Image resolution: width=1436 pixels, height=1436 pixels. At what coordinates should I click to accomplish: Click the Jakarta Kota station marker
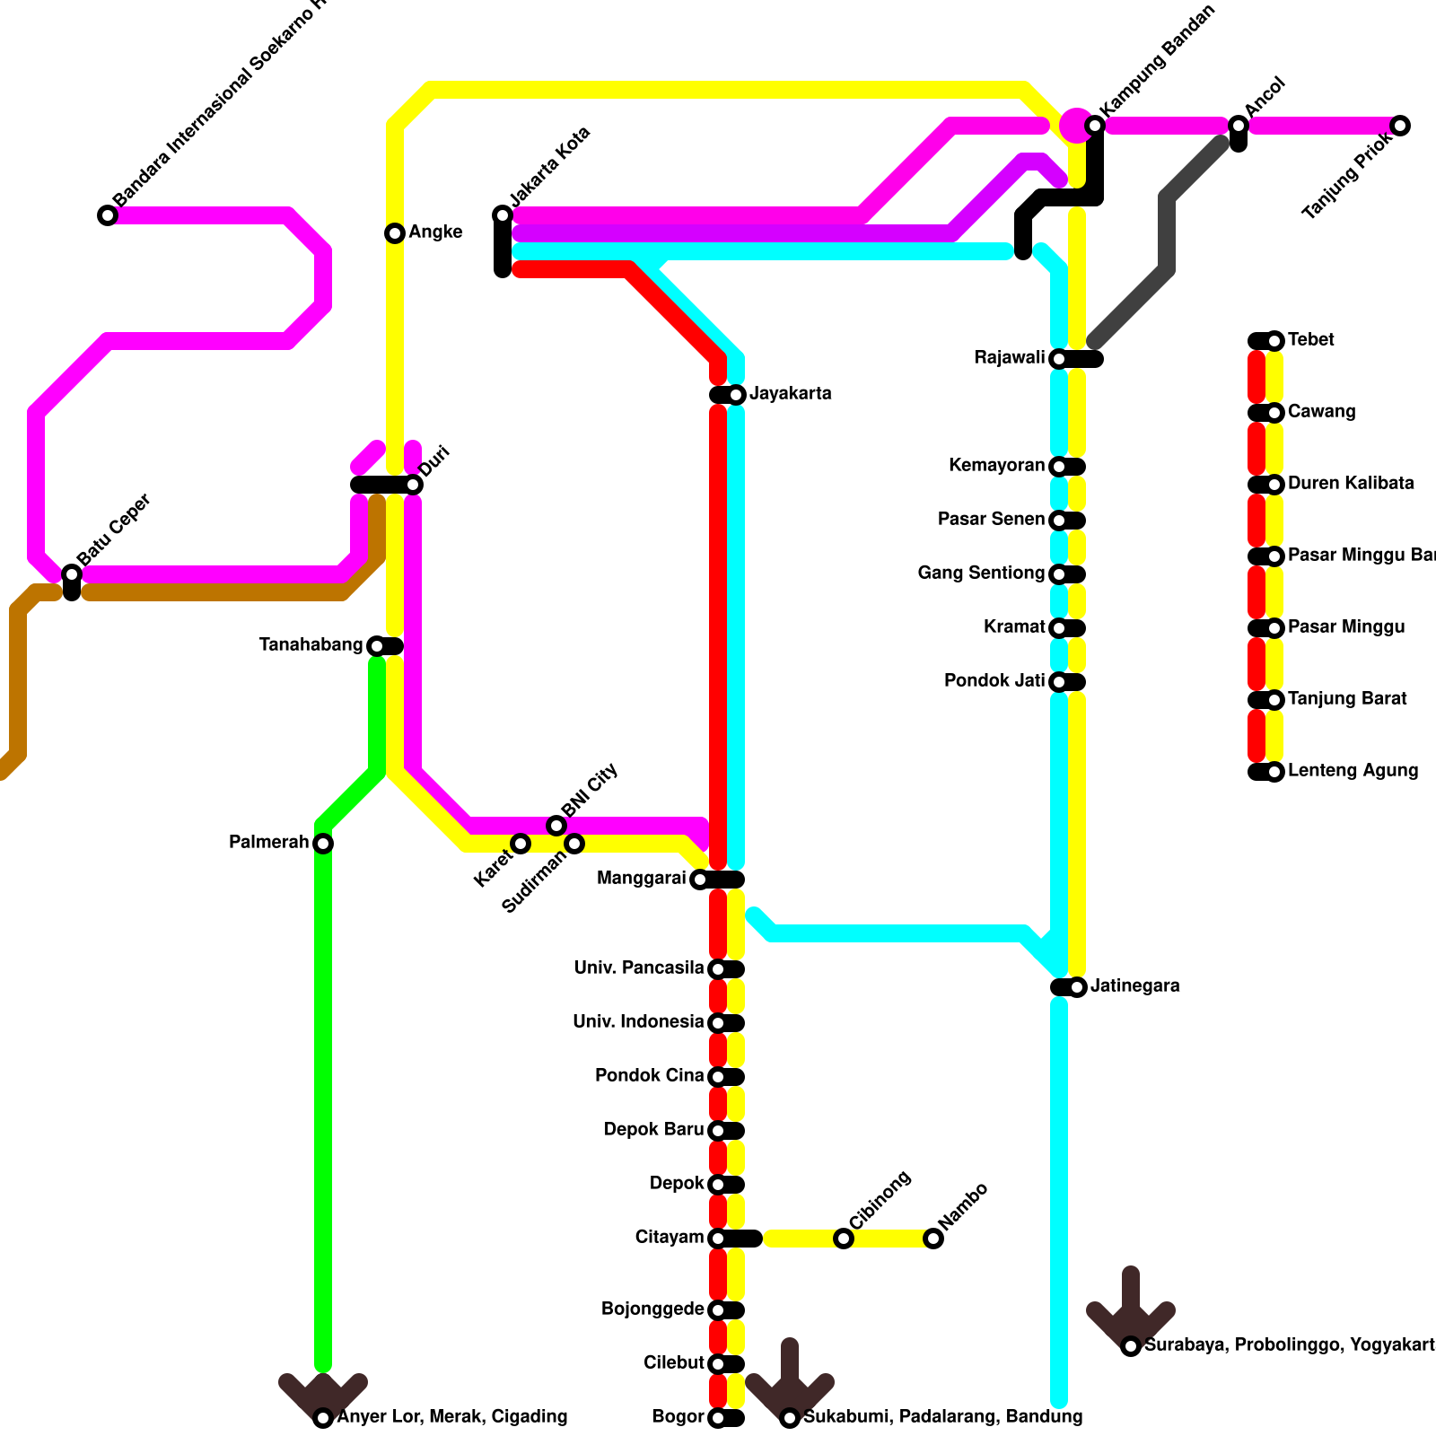coord(503,215)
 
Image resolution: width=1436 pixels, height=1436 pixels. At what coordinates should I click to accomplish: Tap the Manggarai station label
coord(641,879)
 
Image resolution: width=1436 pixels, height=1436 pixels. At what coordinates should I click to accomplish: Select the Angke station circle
coord(395,233)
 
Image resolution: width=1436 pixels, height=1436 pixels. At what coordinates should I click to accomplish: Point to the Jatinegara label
coord(1134,986)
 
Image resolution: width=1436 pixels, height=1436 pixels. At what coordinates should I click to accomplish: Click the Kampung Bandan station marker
coord(1095,126)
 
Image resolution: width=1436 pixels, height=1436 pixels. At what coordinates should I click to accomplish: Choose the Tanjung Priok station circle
coord(1400,126)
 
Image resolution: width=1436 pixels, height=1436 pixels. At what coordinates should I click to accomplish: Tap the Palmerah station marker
coord(323,844)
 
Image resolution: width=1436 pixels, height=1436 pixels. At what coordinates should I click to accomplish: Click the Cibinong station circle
coord(844,1239)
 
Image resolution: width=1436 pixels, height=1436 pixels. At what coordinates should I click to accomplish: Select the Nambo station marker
coord(933,1239)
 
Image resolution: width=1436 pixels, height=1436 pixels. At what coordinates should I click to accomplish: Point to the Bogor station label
coord(678,1417)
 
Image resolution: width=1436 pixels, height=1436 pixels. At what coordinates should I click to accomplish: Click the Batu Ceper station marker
coord(72,574)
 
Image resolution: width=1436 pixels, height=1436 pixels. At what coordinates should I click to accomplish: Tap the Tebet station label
coord(1310,340)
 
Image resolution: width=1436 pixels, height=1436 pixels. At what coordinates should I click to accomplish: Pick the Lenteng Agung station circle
coord(1274,772)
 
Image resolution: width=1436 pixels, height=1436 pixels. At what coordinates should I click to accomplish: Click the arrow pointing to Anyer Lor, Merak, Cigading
coord(323,1396)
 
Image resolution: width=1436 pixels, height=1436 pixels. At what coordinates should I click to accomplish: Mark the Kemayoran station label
coord(996,466)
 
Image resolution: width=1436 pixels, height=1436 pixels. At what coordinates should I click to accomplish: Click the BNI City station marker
coord(556,826)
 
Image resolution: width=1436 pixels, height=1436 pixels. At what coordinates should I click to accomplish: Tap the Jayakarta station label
coord(791,394)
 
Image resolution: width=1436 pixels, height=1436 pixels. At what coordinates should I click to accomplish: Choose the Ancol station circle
coord(1239,126)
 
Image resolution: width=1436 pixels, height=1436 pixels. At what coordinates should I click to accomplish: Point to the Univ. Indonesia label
coord(638,1022)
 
